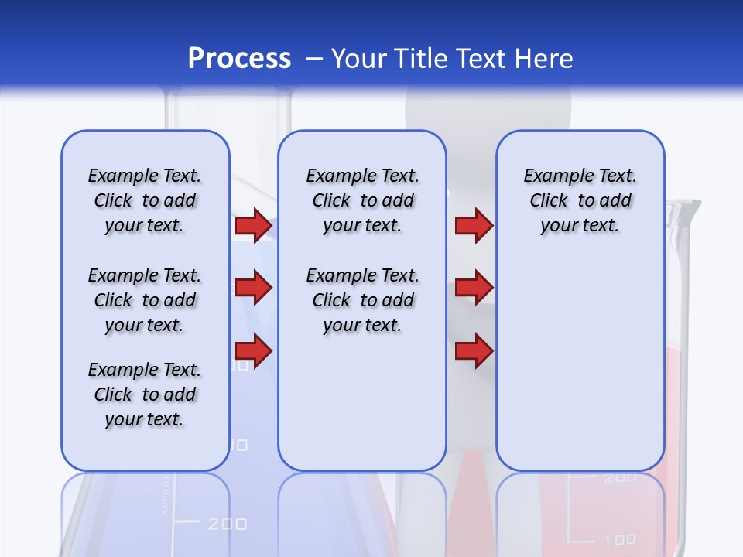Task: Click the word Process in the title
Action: pyautogui.click(x=239, y=59)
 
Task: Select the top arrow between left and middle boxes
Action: pyautogui.click(x=253, y=225)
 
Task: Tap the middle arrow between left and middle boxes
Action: pyautogui.click(x=253, y=288)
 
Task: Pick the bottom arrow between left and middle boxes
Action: pyautogui.click(x=253, y=350)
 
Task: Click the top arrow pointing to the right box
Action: pyautogui.click(x=474, y=225)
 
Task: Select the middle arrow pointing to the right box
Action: pyautogui.click(x=474, y=288)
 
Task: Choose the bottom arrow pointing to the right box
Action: pyautogui.click(x=474, y=350)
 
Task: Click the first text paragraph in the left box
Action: pyautogui.click(x=145, y=200)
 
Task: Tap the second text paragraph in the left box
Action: pyautogui.click(x=145, y=300)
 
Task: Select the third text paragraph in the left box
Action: pyautogui.click(x=145, y=395)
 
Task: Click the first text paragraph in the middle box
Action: pyautogui.click(x=362, y=200)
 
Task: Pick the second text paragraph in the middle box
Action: pyautogui.click(x=362, y=300)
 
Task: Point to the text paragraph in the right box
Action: pyautogui.click(x=580, y=200)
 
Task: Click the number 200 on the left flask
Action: pyautogui.click(x=227, y=525)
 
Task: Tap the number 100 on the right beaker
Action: pyautogui.click(x=619, y=539)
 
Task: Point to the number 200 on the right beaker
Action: pyautogui.click(x=619, y=478)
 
